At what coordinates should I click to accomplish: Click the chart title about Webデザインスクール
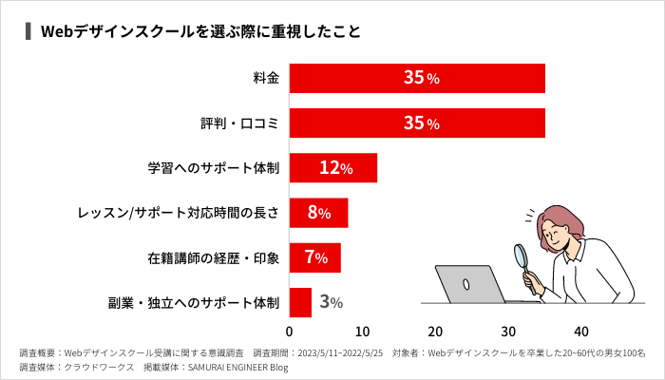click(199, 31)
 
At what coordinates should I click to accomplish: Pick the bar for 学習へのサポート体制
click(332, 168)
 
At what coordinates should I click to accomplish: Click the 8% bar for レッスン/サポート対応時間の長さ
click(318, 213)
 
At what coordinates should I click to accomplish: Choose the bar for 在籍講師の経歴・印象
click(314, 257)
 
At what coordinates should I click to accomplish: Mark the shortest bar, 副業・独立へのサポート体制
click(300, 302)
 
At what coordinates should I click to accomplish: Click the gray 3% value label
click(331, 303)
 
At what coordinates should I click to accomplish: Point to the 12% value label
click(336, 168)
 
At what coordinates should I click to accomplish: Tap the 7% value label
click(316, 257)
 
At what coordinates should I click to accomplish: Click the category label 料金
click(266, 78)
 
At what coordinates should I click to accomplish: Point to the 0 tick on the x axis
click(290, 332)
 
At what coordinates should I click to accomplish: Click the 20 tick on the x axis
click(436, 332)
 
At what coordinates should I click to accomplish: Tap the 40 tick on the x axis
click(582, 332)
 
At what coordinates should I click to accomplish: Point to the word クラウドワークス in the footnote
click(99, 367)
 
